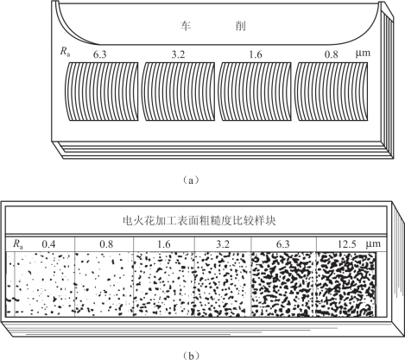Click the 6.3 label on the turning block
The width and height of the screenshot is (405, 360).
[x=99, y=55]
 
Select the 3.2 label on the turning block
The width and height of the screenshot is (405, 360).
[x=178, y=54]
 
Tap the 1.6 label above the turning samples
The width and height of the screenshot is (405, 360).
[x=255, y=54]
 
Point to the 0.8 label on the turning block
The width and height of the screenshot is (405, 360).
[x=332, y=54]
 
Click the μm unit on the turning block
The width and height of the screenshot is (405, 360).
[x=363, y=54]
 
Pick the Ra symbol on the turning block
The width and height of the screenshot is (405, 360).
[x=66, y=52]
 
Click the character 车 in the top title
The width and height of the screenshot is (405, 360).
[x=186, y=26]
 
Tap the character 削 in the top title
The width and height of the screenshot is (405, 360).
[x=240, y=26]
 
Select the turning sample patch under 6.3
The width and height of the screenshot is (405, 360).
[x=101, y=92]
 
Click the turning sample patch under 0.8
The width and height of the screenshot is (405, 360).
[x=332, y=92]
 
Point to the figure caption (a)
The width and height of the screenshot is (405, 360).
[x=190, y=180]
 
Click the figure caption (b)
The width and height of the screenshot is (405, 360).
[x=190, y=356]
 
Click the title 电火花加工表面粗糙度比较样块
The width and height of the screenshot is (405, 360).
[x=199, y=221]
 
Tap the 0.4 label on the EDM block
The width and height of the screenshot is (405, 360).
[x=48, y=244]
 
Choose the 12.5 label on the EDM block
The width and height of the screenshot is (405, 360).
[x=347, y=244]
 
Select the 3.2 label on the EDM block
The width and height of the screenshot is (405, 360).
[x=223, y=244]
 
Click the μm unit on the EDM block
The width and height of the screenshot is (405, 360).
[x=373, y=244]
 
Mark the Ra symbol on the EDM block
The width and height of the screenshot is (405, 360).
[x=18, y=244]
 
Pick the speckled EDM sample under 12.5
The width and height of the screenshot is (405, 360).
[x=346, y=284]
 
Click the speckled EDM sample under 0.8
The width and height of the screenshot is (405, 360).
[x=104, y=284]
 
